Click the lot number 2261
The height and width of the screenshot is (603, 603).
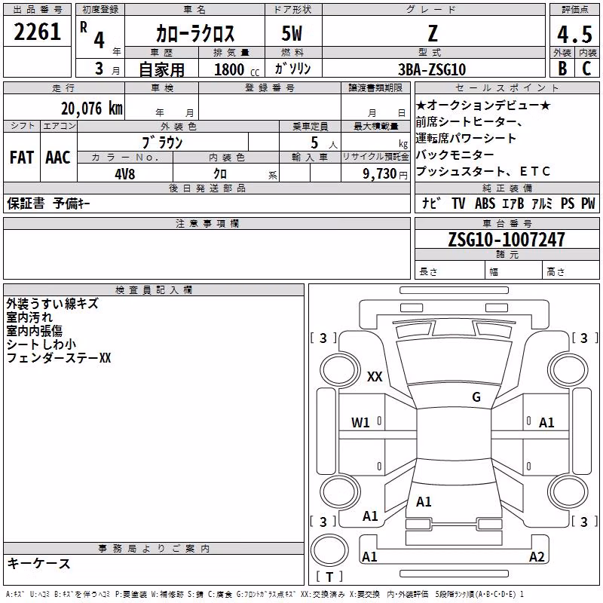tap(37, 32)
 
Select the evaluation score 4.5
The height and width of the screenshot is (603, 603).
tap(574, 34)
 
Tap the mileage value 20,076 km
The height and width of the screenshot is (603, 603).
tap(92, 109)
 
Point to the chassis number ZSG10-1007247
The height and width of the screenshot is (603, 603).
tap(507, 239)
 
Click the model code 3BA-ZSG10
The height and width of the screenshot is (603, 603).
tap(432, 69)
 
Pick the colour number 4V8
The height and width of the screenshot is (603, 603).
tap(125, 174)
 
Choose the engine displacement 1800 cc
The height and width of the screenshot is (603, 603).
tap(237, 69)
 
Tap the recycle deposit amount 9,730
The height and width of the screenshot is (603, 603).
tap(379, 174)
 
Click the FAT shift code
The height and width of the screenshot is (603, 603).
tap(22, 158)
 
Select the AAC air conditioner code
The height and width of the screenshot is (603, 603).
tap(58, 158)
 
